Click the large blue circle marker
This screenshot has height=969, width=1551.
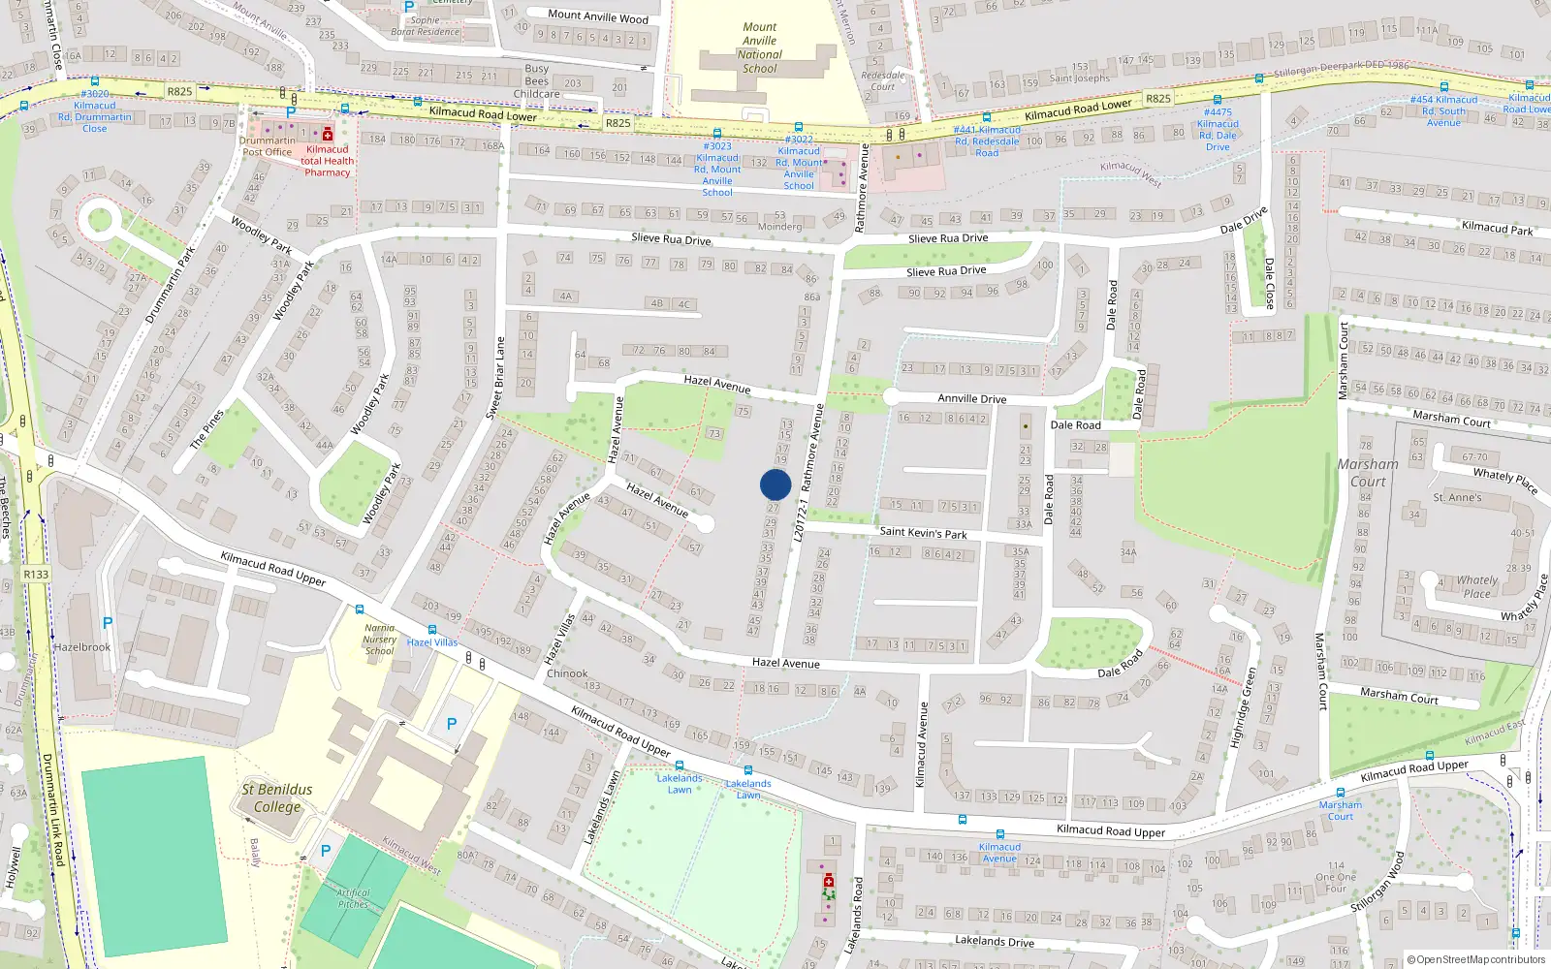pyautogui.click(x=775, y=484)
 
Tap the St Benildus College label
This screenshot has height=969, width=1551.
pyautogui.click(x=277, y=797)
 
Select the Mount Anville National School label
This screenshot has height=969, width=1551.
pyautogui.click(x=760, y=48)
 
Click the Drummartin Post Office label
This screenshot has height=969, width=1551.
pyautogui.click(x=267, y=146)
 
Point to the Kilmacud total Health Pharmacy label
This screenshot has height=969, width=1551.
pyautogui.click(x=328, y=161)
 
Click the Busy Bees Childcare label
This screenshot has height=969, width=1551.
pyautogui.click(x=537, y=81)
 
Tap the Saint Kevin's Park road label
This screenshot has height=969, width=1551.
pyautogui.click(x=923, y=532)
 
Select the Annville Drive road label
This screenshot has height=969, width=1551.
pyautogui.click(x=971, y=398)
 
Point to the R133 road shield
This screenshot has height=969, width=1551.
pyautogui.click(x=36, y=574)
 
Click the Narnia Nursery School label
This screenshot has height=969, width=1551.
pyautogui.click(x=380, y=640)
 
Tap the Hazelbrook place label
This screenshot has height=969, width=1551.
pyautogui.click(x=82, y=647)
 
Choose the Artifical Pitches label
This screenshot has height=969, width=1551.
pyautogui.click(x=353, y=898)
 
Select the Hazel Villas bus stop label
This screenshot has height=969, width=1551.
pyautogui.click(x=432, y=642)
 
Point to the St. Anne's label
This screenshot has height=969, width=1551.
pyautogui.click(x=1457, y=498)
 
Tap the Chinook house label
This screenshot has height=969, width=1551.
pyautogui.click(x=567, y=673)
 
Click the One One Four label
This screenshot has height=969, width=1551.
pyautogui.click(x=1336, y=877)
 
